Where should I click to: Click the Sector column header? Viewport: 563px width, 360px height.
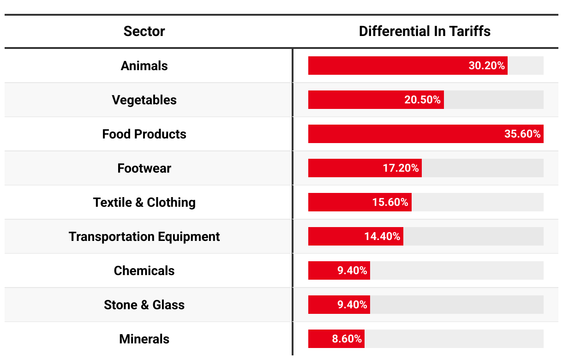point(144,31)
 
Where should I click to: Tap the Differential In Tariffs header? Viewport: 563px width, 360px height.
point(425,31)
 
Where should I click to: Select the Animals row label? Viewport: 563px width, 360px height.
point(144,66)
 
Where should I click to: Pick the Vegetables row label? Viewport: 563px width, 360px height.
point(144,100)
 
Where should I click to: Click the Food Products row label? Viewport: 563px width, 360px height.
point(144,134)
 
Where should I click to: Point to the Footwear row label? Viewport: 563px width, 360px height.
point(144,168)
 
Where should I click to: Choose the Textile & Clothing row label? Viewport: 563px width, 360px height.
point(144,202)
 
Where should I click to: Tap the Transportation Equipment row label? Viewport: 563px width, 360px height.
point(144,236)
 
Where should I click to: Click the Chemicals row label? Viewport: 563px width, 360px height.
point(144,270)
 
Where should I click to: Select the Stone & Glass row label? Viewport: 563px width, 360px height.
point(144,305)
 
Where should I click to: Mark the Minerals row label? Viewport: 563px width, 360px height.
point(144,339)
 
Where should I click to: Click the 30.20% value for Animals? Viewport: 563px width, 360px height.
point(486,66)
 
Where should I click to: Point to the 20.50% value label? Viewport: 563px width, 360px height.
point(422,100)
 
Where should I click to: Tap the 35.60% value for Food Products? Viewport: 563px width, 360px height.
point(522,134)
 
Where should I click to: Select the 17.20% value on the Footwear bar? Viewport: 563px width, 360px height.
point(401,168)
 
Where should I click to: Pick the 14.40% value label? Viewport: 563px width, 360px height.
point(382,236)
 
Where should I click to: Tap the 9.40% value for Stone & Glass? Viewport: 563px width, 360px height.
point(352,305)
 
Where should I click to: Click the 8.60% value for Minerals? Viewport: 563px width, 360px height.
point(347,339)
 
